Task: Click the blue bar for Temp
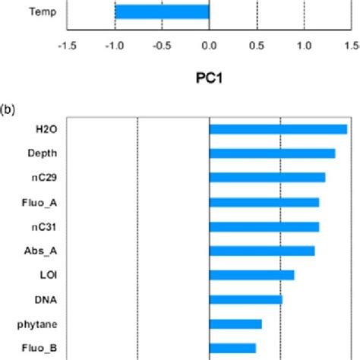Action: (162, 12)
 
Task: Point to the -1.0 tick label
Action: (115, 45)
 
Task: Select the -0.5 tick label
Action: (162, 45)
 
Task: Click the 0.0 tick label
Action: (209, 45)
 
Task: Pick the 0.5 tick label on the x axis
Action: (257, 45)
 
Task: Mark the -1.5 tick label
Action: (67, 45)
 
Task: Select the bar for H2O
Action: (278, 129)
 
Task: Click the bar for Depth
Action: (272, 153)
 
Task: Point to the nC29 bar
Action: (267, 178)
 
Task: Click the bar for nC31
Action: (264, 226)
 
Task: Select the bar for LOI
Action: (251, 275)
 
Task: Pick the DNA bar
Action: (245, 299)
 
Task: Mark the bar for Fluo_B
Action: (232, 348)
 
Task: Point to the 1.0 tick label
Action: (304, 45)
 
